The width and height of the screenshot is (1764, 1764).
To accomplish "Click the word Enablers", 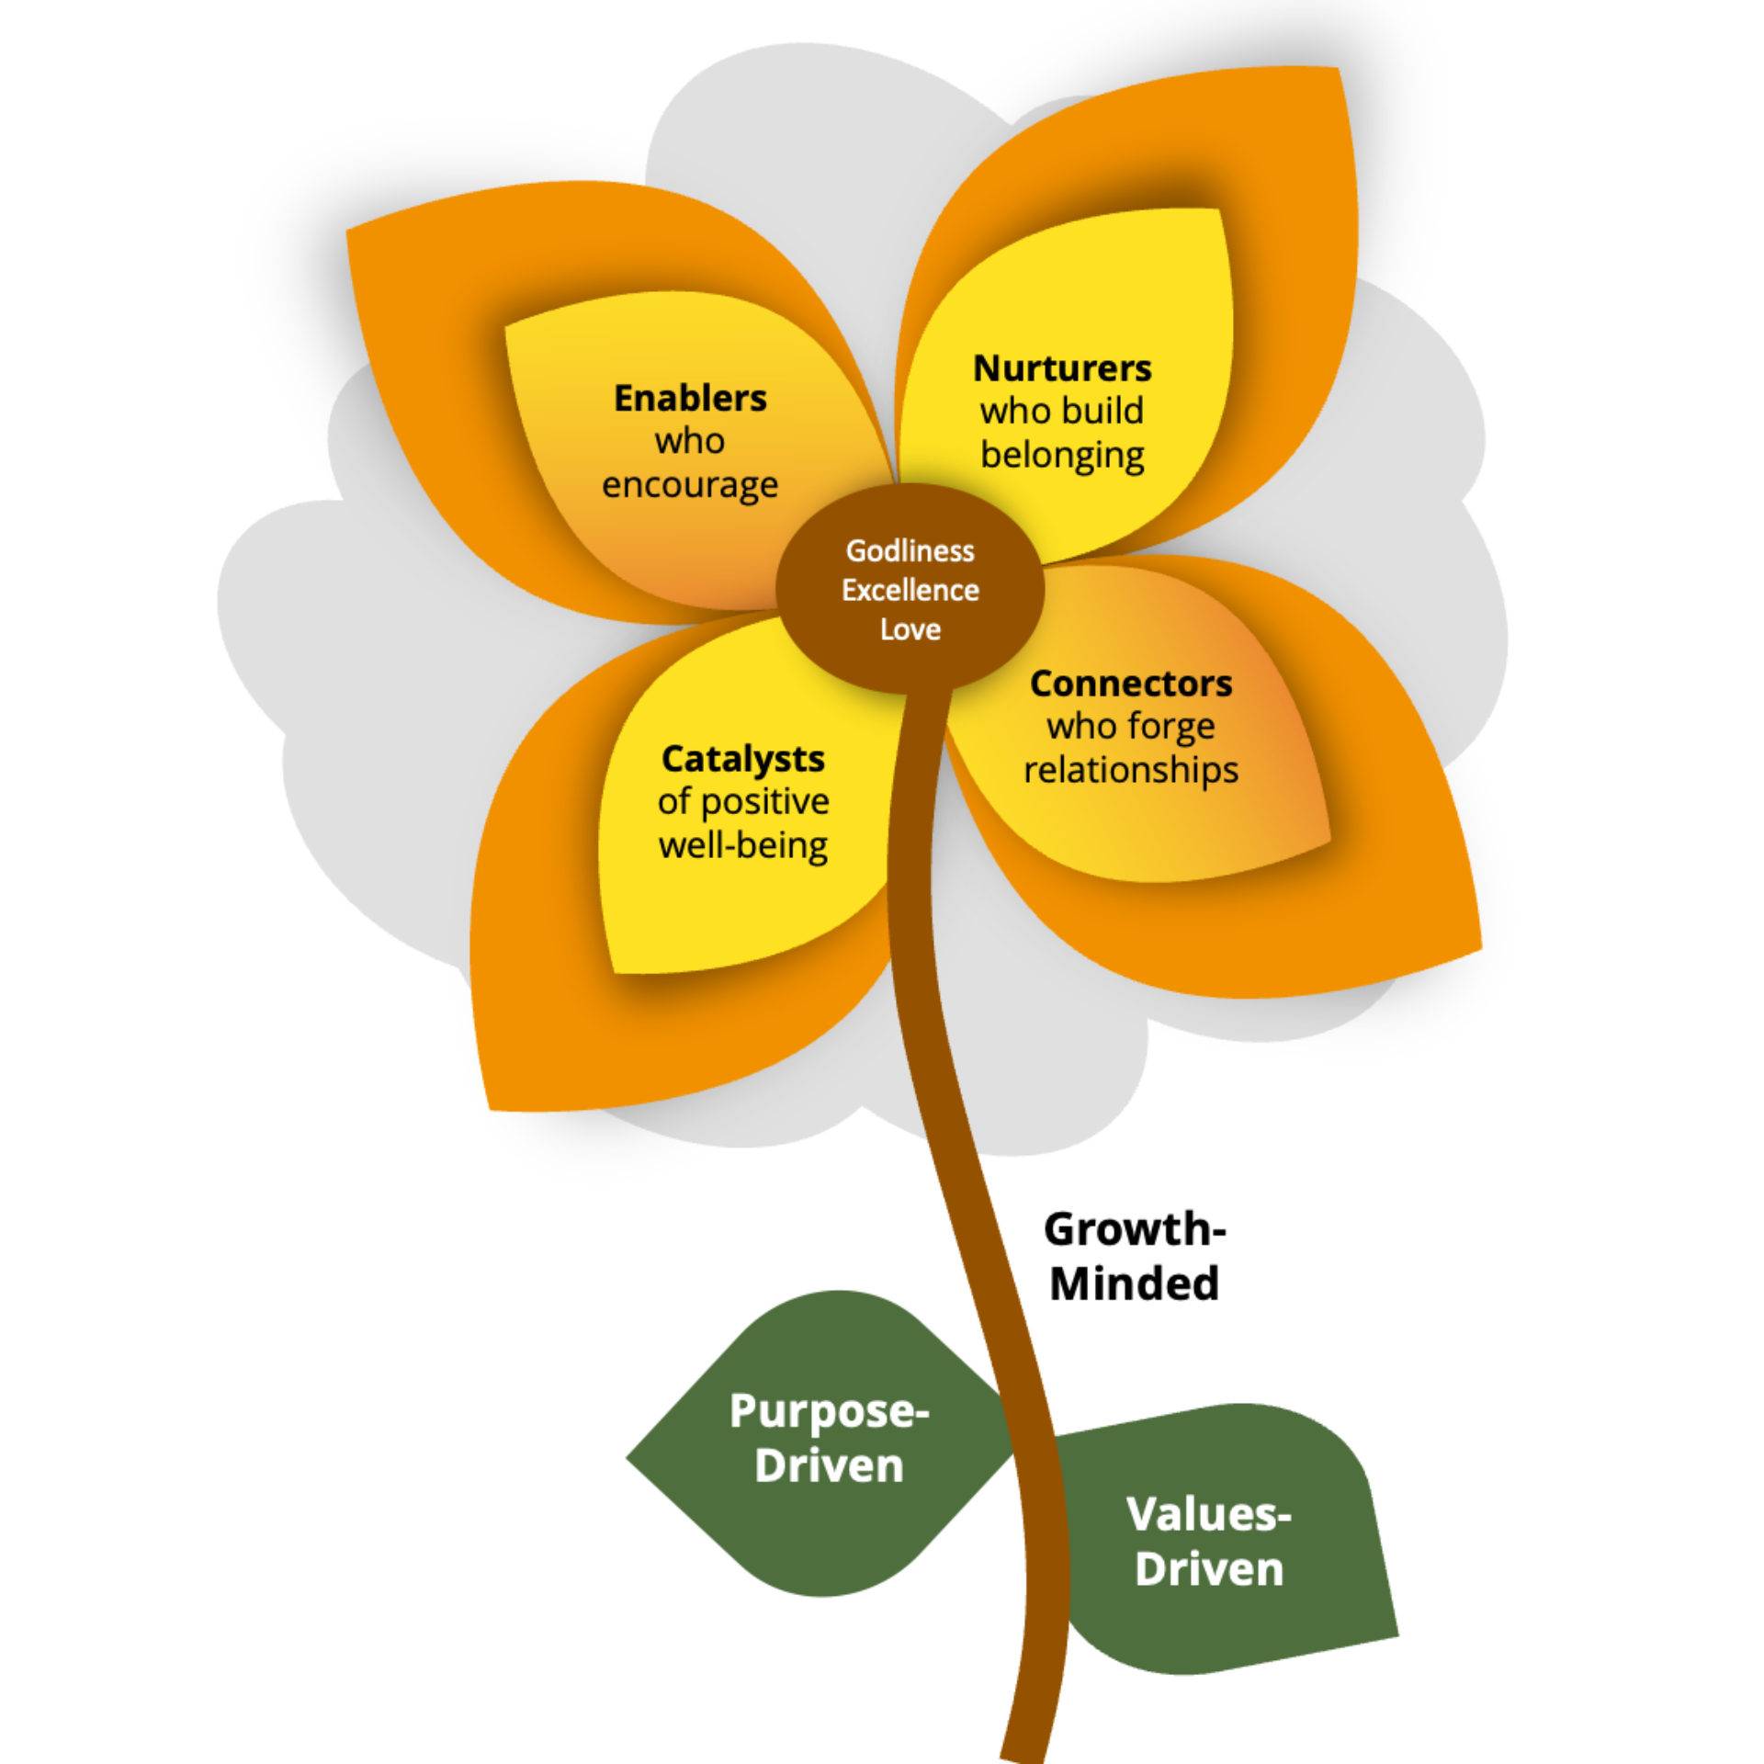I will click(x=690, y=399).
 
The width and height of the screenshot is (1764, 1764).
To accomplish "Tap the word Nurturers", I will click(x=1062, y=368).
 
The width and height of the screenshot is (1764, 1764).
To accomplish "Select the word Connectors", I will click(x=1131, y=684).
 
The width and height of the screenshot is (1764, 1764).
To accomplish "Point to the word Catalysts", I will click(x=742, y=759).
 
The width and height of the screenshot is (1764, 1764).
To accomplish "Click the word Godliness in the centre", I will click(x=910, y=550).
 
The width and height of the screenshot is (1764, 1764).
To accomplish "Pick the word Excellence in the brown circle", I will click(x=910, y=590).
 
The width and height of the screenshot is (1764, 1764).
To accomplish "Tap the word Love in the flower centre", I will click(x=910, y=629).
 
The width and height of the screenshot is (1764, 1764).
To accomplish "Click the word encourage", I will click(x=690, y=485).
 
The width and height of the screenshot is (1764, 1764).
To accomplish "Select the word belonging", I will click(x=1062, y=456).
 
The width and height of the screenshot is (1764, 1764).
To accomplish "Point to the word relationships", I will click(x=1131, y=770).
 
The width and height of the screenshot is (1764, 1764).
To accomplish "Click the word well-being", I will click(x=742, y=845).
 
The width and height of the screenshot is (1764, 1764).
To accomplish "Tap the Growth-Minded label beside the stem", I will click(x=1135, y=1256).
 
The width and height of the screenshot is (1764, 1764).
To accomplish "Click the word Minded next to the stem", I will click(x=1135, y=1283).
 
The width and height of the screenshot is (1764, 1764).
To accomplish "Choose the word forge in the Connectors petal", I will click(x=1171, y=727).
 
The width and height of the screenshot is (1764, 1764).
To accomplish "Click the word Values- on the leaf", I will click(x=1208, y=1515).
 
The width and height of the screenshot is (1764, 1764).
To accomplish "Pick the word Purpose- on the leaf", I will click(x=829, y=1411).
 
